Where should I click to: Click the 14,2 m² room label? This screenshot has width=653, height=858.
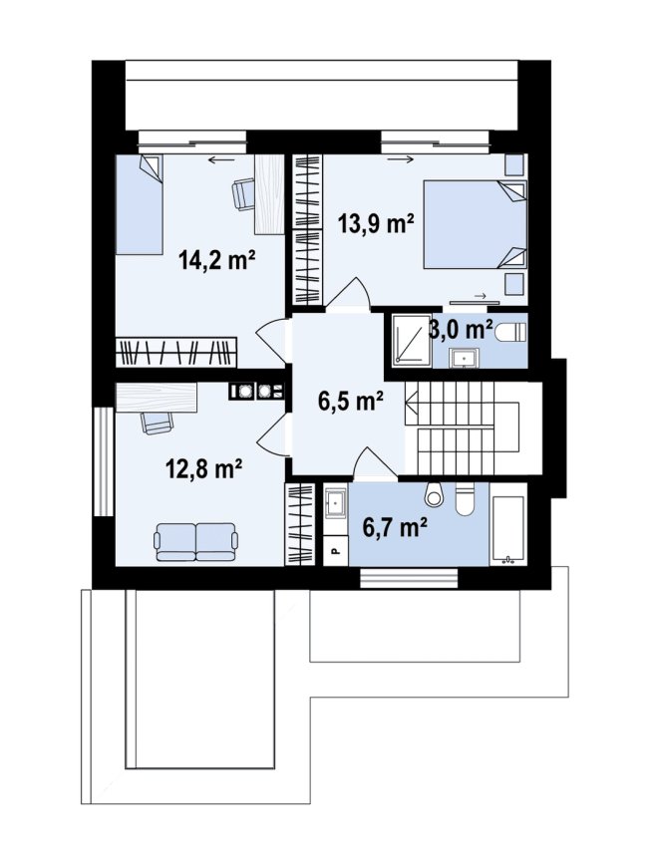[217, 260]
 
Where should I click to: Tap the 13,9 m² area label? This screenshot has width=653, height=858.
[376, 223]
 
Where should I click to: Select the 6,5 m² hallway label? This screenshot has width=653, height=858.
[350, 403]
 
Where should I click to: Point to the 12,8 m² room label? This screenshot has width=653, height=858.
[204, 469]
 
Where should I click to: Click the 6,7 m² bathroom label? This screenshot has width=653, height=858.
[395, 527]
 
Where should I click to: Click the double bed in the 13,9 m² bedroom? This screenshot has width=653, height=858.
[475, 224]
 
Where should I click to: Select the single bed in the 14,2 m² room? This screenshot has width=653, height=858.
[139, 204]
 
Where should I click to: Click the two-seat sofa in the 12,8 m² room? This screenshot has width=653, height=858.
[196, 542]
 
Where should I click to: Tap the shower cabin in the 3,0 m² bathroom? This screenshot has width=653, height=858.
[412, 339]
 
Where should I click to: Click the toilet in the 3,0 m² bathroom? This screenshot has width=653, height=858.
[510, 332]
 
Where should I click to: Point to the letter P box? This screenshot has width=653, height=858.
[336, 550]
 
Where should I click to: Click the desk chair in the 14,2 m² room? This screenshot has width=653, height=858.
[243, 194]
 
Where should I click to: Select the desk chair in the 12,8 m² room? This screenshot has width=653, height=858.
[158, 422]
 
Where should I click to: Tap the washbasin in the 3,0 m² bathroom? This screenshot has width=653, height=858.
[465, 358]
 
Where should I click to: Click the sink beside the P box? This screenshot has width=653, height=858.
[335, 502]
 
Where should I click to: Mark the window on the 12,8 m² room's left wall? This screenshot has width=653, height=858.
[103, 460]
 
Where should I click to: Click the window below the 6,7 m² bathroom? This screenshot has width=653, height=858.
[409, 578]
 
